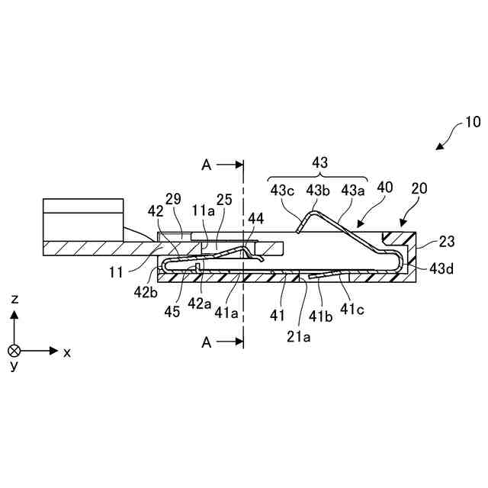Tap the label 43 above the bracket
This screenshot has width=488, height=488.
(321, 162)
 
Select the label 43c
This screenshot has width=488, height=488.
(282, 189)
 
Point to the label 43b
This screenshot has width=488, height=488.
(318, 189)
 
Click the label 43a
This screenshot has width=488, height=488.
(354, 189)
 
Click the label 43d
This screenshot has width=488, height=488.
(444, 268)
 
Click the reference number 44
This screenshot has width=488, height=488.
(256, 219)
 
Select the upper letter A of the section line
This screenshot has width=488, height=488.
(206, 164)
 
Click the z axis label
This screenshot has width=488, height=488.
(14, 300)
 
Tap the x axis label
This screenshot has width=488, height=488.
(67, 352)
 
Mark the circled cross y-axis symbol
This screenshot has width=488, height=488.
(14, 351)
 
